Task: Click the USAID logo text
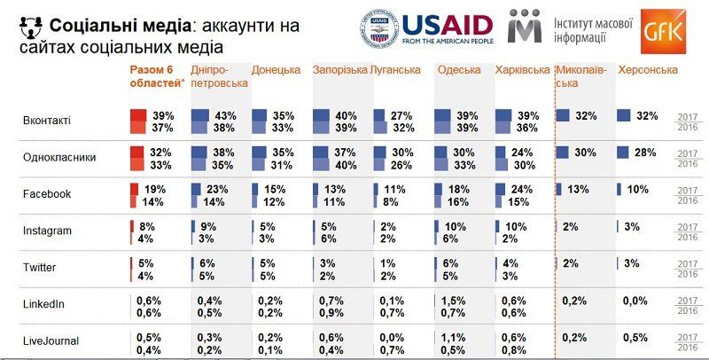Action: tap(448, 24)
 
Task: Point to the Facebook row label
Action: tap(47, 193)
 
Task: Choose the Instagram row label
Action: tap(48, 231)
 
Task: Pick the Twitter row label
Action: tap(42, 267)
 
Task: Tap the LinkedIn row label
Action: tap(44, 304)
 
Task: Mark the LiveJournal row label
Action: tap(51, 340)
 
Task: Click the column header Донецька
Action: tap(276, 69)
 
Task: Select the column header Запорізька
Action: tap(339, 69)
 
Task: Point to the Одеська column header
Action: tap(459, 69)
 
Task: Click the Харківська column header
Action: tap(522, 69)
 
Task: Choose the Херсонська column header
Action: tap(648, 69)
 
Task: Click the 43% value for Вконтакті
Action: tap(224, 115)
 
